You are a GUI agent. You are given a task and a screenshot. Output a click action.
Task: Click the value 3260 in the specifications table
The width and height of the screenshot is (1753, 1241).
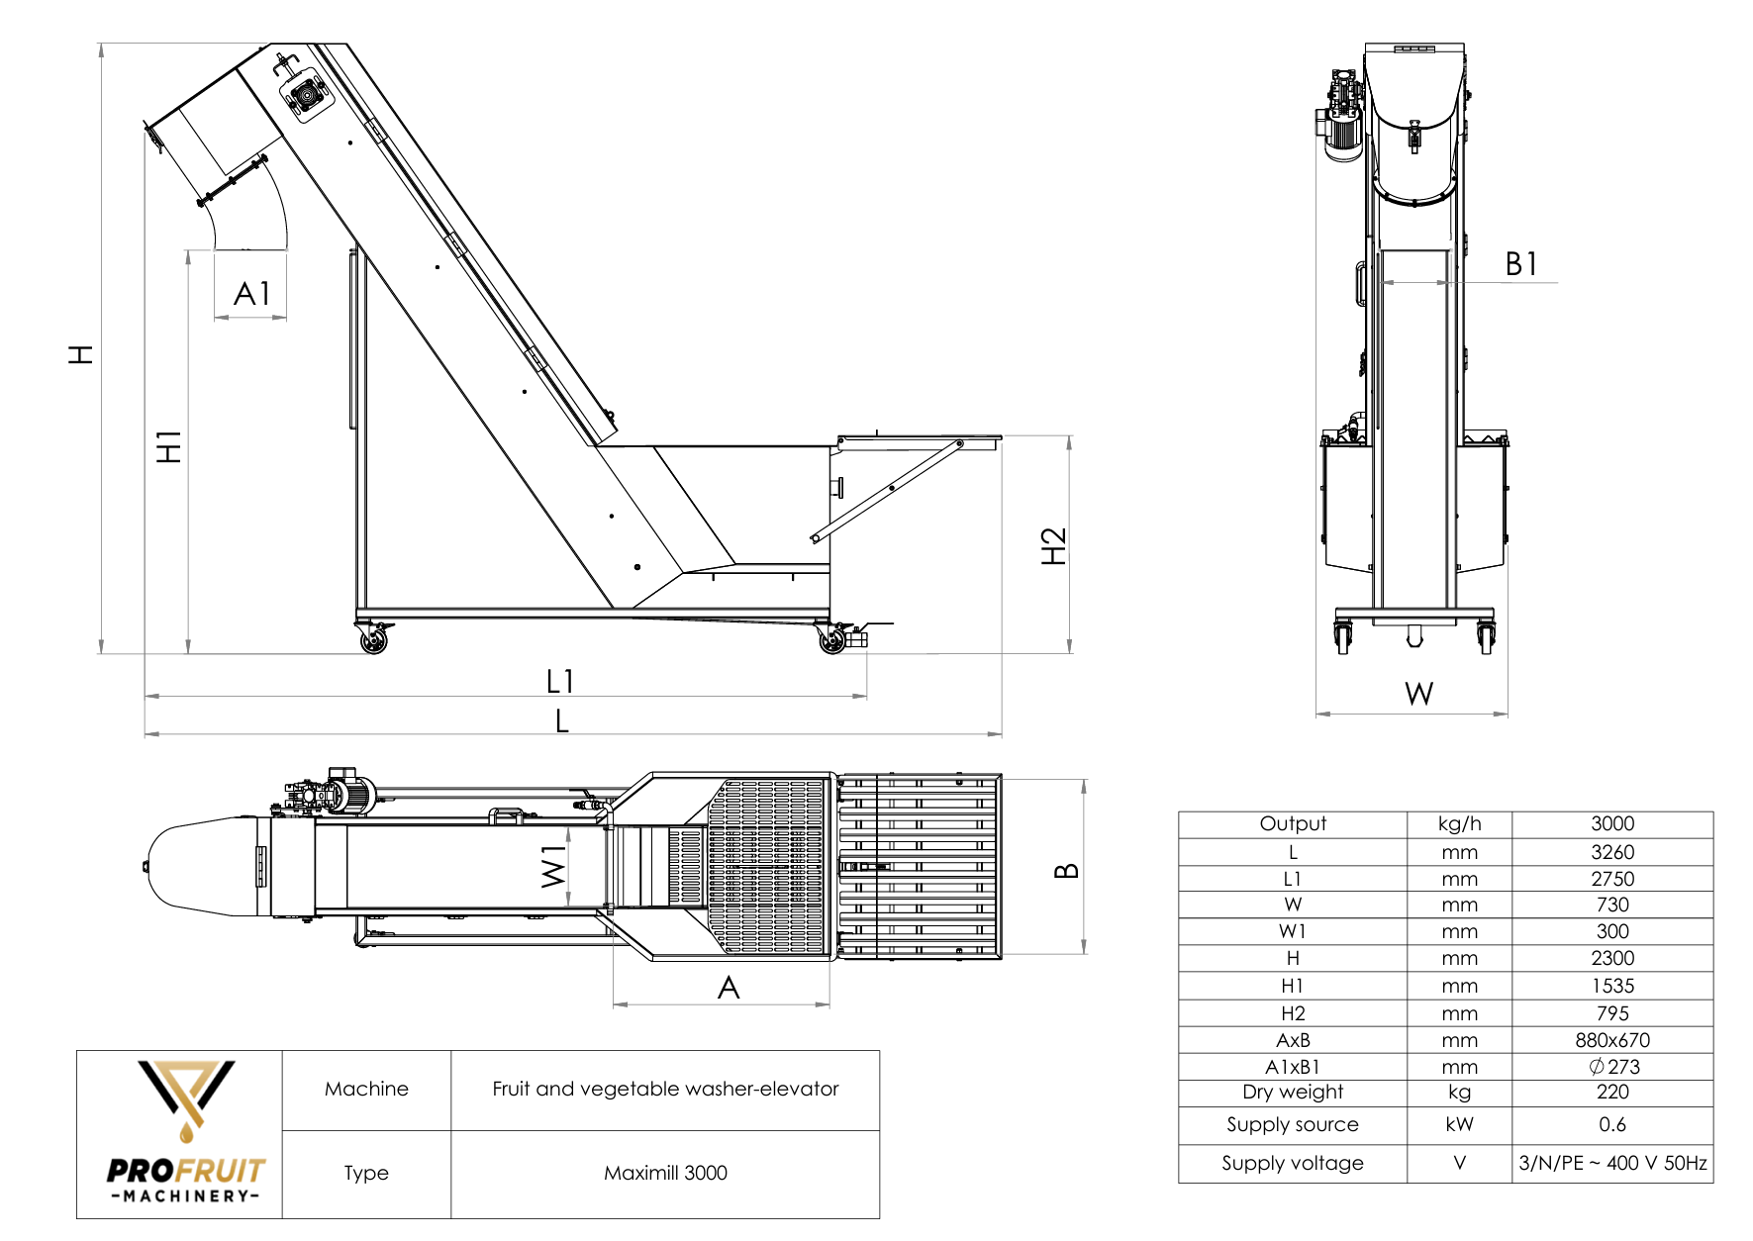(1611, 852)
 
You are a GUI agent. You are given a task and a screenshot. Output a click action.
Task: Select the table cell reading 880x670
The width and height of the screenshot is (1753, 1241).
(1611, 1040)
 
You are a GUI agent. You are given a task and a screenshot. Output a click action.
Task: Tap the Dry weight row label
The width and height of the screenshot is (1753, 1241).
(1292, 1092)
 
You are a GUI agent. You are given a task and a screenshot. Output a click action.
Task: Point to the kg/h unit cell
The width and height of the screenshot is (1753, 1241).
(1459, 823)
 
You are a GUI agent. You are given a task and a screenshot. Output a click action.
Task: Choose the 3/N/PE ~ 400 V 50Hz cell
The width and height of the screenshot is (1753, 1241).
(1612, 1163)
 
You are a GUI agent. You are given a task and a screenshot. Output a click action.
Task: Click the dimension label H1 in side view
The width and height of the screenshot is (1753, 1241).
(169, 447)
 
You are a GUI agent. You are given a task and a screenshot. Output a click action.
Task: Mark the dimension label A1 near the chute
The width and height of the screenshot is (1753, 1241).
(251, 294)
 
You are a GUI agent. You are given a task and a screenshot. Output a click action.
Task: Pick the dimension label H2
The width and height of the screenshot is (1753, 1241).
(1054, 546)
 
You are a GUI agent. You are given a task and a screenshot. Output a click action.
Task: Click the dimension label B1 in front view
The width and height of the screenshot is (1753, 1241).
(1521, 264)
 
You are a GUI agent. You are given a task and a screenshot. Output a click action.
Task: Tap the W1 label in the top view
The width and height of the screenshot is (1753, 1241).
(553, 867)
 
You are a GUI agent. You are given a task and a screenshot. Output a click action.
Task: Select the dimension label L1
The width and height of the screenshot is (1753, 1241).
(560, 681)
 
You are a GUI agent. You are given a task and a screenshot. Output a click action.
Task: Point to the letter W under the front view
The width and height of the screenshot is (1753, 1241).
(1418, 694)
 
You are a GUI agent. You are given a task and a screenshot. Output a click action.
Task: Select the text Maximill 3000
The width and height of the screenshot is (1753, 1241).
(665, 1173)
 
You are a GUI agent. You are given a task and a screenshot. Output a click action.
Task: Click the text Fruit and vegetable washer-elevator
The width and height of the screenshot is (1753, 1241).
(665, 1089)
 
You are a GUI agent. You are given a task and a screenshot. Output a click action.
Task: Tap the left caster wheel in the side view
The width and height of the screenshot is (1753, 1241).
(374, 640)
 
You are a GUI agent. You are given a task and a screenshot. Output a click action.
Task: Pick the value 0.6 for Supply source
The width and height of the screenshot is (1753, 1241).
(1611, 1124)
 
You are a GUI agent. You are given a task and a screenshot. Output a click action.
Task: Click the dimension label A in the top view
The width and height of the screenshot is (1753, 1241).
(729, 988)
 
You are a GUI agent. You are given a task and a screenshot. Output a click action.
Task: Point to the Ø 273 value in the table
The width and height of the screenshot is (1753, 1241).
(1613, 1067)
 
